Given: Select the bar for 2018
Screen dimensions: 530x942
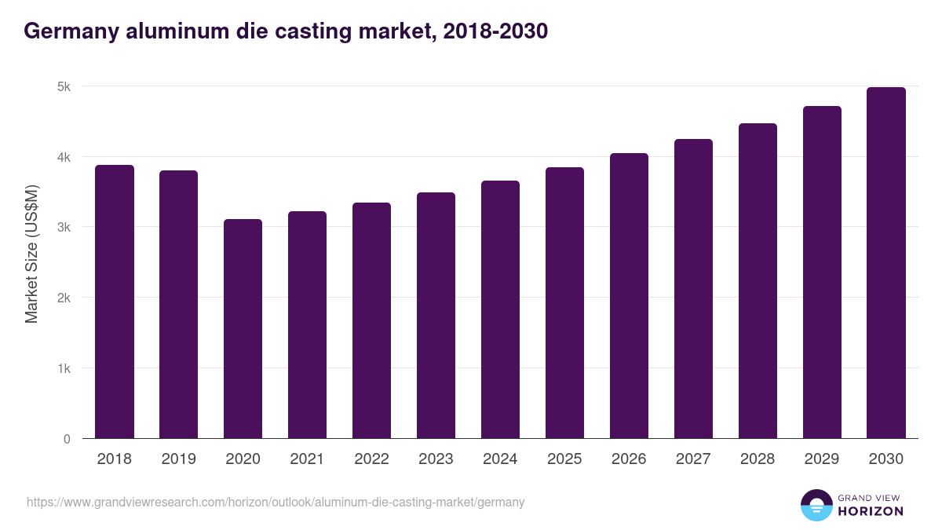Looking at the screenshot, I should [115, 302].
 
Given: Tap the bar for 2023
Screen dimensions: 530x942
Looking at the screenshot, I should [436, 315].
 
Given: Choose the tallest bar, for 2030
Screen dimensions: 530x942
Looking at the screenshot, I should [886, 262].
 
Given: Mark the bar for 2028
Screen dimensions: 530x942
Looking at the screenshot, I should [758, 280].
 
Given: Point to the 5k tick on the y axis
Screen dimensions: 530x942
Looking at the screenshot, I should [64, 86].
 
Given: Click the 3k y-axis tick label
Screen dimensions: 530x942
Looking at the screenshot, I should [64, 228].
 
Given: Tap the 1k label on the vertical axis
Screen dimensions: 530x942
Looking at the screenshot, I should [64, 368].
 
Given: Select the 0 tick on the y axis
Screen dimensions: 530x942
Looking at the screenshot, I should [67, 439].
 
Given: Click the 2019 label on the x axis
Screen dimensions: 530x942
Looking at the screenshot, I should [179, 459].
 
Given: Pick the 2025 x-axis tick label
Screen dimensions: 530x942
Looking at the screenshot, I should [565, 459].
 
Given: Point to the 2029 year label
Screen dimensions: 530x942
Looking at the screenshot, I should [822, 459].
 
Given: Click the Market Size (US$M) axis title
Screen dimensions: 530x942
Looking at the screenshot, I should [32, 254].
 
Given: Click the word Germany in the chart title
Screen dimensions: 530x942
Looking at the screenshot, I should [71, 31].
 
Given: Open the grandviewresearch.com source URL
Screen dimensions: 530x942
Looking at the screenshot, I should [276, 502].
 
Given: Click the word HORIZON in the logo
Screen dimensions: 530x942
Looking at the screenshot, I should [871, 511].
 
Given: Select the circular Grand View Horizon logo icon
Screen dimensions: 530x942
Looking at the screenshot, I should [816, 505].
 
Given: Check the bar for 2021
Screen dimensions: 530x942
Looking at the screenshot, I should [308, 324].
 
